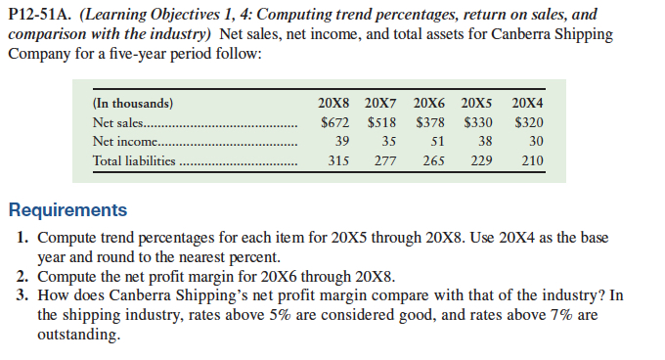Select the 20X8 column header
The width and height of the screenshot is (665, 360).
[336, 103]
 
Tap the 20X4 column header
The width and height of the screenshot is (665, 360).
[527, 103]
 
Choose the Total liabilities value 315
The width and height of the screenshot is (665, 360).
[339, 160]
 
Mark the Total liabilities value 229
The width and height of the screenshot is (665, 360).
[481, 160]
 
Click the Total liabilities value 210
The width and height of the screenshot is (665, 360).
[530, 160]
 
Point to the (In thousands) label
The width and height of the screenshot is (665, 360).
[133, 103]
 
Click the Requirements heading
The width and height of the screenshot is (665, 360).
[67, 210]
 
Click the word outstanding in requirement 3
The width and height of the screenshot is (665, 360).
[79, 335]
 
